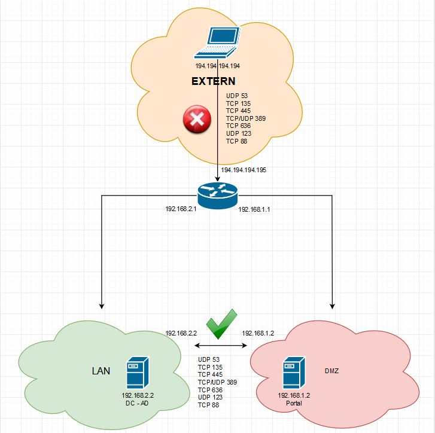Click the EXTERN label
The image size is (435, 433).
(x=214, y=81)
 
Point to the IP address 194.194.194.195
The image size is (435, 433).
(x=244, y=170)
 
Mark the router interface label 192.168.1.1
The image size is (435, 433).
(x=255, y=210)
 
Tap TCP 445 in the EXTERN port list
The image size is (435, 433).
(x=239, y=111)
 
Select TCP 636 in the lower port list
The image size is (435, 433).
(x=211, y=389)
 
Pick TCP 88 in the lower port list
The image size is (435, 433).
(x=209, y=405)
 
